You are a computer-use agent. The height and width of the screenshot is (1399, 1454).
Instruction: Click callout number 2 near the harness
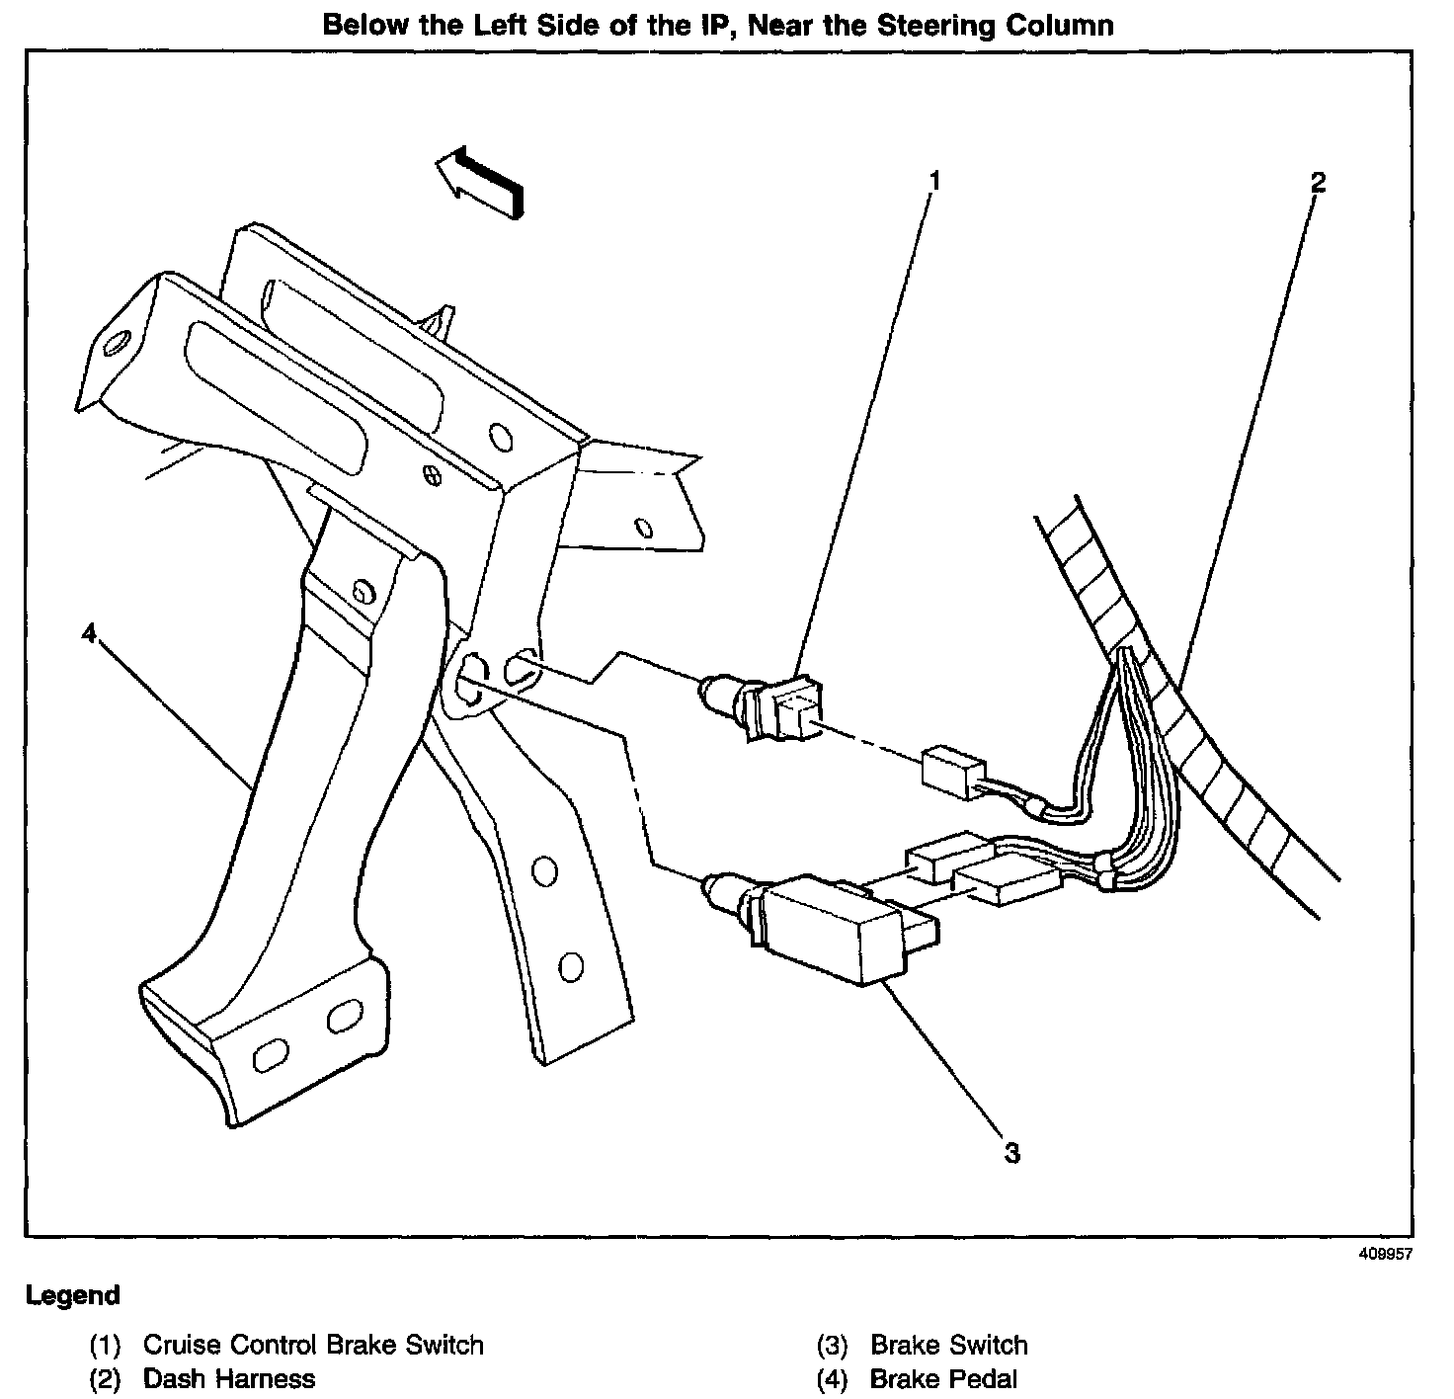(1318, 183)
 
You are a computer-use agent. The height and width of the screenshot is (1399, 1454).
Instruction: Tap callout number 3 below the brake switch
(1011, 1152)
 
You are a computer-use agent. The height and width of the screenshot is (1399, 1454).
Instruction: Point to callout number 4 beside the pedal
(90, 632)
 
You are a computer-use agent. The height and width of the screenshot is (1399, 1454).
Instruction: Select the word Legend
(73, 1295)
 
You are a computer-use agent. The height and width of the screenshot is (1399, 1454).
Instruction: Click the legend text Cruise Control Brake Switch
(313, 1345)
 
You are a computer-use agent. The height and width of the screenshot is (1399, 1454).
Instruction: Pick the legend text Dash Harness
(229, 1378)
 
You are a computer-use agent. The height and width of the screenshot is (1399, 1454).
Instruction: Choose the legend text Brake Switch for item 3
(948, 1345)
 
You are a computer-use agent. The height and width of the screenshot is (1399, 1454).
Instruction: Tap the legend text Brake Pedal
(942, 1378)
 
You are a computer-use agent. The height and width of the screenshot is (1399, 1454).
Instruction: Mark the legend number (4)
(833, 1379)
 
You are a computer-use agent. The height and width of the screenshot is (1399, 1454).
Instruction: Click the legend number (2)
(105, 1379)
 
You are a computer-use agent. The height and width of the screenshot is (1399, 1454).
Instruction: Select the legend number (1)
(105, 1346)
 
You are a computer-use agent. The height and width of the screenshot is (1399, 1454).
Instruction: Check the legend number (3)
(833, 1346)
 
